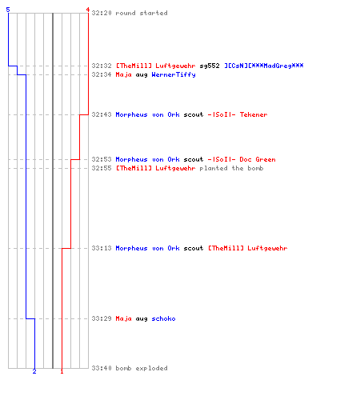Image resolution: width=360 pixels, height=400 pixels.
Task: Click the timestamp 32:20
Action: coord(102,13)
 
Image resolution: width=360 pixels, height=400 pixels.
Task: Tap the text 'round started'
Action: coord(142,13)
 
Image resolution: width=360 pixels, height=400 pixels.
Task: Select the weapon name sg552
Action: coord(210,66)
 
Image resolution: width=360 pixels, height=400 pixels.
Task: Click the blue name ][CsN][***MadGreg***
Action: coord(264,66)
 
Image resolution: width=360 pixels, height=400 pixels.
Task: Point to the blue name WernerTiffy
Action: coord(174,74)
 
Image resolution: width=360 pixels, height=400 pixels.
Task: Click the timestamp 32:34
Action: coord(102,74)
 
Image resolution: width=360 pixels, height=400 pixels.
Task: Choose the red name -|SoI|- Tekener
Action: coord(238,114)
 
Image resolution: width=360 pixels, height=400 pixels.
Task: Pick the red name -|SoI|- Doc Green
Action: coord(242,159)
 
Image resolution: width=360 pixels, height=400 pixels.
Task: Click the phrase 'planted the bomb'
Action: coord(231,168)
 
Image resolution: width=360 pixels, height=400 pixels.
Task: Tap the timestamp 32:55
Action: coord(102,168)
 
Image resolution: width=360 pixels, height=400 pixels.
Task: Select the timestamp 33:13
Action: coord(102,248)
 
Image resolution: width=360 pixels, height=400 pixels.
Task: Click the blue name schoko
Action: coord(163,318)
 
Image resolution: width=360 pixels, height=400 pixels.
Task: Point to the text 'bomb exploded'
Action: coord(142,368)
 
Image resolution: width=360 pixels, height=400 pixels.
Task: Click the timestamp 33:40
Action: coord(102,368)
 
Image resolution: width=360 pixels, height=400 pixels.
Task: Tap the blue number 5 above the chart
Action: coord(8,10)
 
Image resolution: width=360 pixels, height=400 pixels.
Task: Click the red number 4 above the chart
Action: coord(88,10)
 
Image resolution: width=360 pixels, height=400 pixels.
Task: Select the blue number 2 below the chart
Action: coord(34,371)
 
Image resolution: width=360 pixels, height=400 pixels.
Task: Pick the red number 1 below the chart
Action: coord(62,371)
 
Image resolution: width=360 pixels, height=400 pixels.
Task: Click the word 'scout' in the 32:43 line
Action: coord(194,114)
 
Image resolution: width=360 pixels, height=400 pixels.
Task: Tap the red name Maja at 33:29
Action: coord(123,318)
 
